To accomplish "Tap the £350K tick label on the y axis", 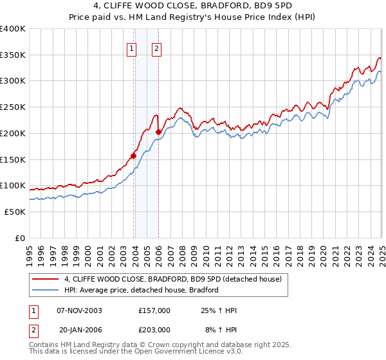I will [x=13, y=55].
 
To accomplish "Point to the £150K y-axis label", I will [x=13, y=159].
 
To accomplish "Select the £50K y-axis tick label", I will [x=15, y=212].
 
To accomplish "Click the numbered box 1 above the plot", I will [x=132, y=47].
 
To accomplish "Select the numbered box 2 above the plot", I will [x=156, y=47].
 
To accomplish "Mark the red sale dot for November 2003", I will [x=134, y=155].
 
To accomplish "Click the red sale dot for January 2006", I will [x=159, y=132].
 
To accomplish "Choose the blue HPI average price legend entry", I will [x=142, y=290].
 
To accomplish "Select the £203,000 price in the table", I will [x=154, y=328].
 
